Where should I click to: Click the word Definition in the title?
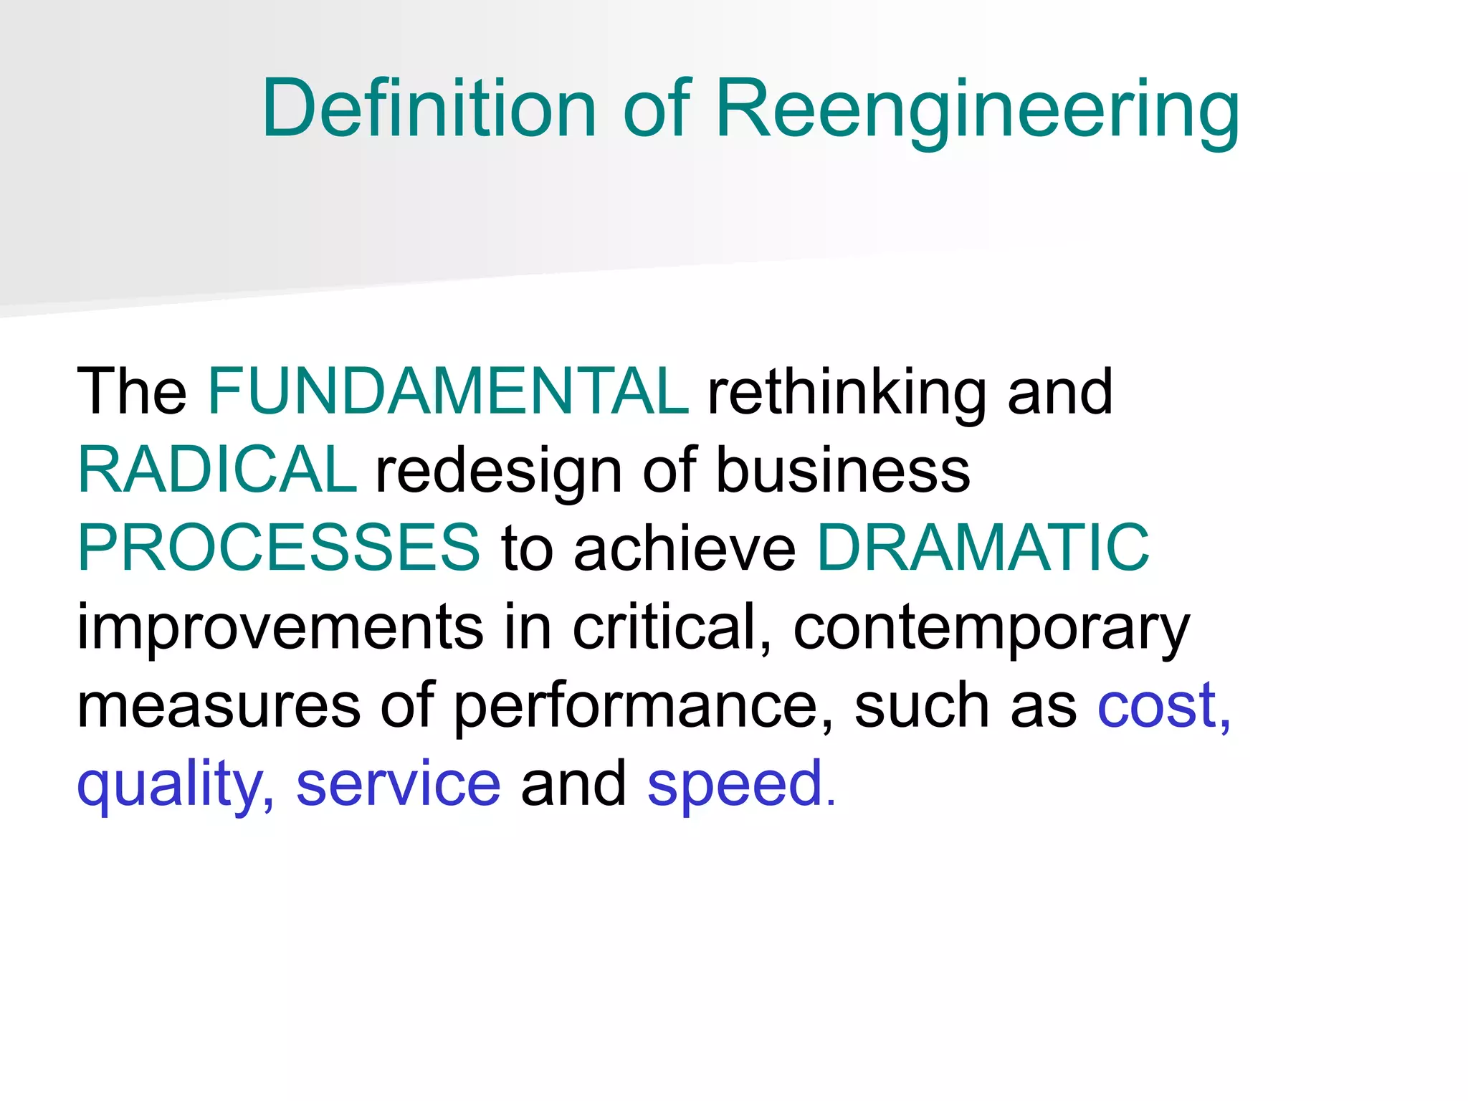[x=429, y=109]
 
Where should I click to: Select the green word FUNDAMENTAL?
[x=448, y=391]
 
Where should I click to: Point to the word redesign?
[x=499, y=471]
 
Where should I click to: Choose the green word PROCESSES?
[x=278, y=548]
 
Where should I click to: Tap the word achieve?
[x=685, y=548]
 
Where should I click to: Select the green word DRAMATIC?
[x=983, y=548]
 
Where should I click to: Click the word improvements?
[x=280, y=626]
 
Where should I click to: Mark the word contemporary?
[x=991, y=628]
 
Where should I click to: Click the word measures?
[x=219, y=705]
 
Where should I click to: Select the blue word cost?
[x=1157, y=705]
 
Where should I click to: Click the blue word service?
[x=399, y=784]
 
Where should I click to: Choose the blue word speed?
[x=735, y=784]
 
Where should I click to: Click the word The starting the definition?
[x=132, y=391]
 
